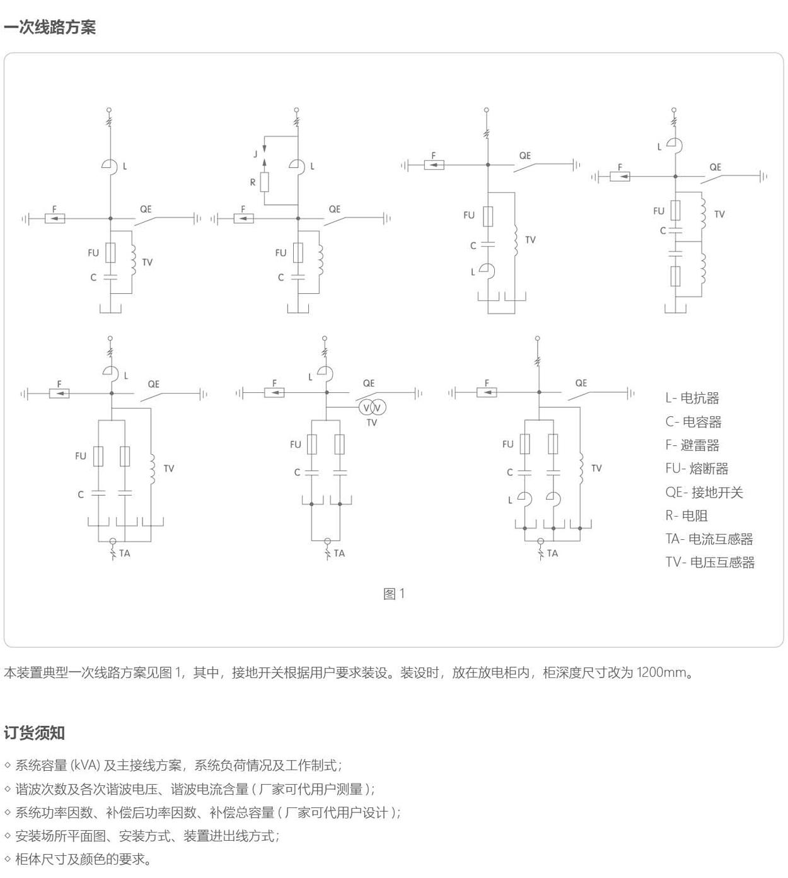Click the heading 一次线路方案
click(x=50, y=28)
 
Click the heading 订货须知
click(x=35, y=733)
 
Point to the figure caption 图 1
click(x=394, y=594)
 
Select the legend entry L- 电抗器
click(x=692, y=398)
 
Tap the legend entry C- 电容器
click(x=693, y=422)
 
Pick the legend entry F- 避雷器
click(x=692, y=445)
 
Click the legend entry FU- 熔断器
click(x=697, y=469)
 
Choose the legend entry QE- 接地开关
click(x=704, y=493)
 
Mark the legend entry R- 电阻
click(x=687, y=516)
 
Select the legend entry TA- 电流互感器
click(x=709, y=539)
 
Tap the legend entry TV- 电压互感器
click(x=710, y=563)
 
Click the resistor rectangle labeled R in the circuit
click(x=265, y=182)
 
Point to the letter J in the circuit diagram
click(x=255, y=154)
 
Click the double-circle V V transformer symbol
click(x=372, y=408)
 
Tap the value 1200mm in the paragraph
click(x=661, y=672)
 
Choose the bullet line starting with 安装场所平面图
click(x=147, y=836)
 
